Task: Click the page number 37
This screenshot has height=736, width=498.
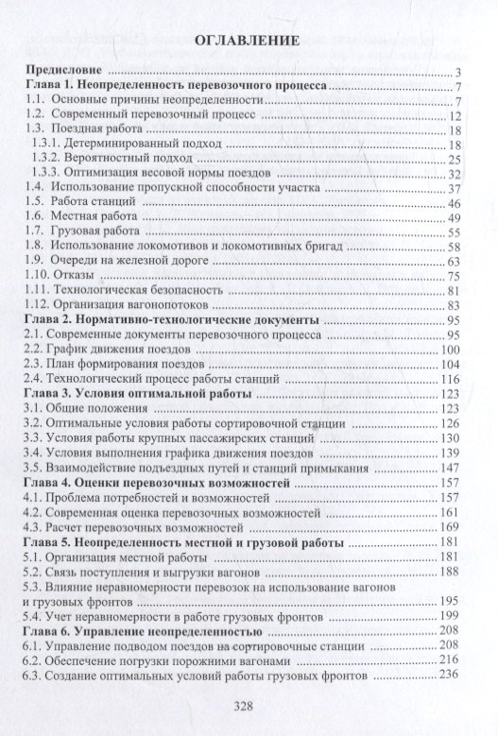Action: (x=452, y=188)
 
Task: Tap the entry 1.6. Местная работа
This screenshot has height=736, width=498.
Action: (x=83, y=217)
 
